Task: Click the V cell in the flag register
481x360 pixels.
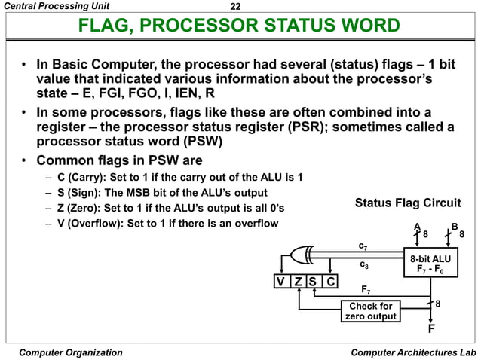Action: (280, 283)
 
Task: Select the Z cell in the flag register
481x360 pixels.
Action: (297, 283)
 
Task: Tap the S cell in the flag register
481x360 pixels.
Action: (313, 283)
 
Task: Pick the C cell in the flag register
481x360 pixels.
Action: (329, 283)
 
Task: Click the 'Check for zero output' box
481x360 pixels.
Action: (370, 311)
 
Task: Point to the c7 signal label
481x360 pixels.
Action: (363, 246)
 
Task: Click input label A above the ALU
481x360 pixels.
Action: (417, 226)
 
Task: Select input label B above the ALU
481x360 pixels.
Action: (454, 226)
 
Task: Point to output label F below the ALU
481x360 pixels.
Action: (431, 329)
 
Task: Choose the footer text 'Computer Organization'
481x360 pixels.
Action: (70, 352)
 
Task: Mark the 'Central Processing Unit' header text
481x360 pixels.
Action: (51, 7)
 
